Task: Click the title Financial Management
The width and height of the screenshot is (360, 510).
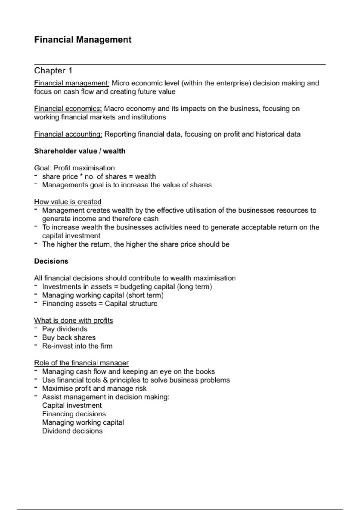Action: click(83, 40)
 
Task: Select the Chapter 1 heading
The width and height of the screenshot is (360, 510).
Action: click(53, 71)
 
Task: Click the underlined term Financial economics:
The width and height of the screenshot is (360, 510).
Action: click(68, 109)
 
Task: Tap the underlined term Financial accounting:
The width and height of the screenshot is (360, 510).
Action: click(68, 134)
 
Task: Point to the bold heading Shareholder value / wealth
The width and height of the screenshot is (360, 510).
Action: click(80, 151)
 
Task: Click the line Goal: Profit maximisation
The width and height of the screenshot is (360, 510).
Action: click(74, 168)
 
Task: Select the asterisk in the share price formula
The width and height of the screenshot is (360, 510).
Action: click(81, 176)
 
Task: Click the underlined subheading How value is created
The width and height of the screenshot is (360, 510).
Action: click(68, 202)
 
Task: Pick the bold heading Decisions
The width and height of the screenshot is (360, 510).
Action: click(51, 261)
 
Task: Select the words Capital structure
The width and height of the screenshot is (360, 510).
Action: click(131, 304)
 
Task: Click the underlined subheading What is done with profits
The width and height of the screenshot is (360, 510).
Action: click(73, 321)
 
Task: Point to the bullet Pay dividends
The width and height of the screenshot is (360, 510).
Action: click(65, 329)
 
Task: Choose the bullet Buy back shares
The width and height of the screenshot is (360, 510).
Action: click(69, 337)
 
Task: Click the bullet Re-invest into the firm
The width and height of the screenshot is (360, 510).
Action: click(77, 346)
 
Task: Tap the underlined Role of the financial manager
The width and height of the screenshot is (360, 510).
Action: click(81, 363)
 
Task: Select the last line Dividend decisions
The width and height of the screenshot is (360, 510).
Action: click(72, 431)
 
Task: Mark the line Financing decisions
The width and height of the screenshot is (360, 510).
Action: click(74, 414)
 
